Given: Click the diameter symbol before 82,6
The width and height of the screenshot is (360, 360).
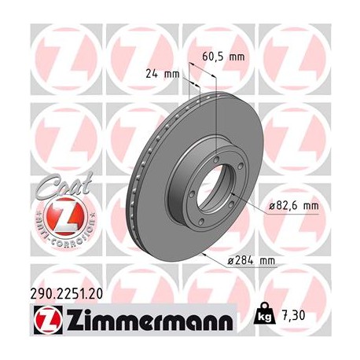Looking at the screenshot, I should coord(272,206).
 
